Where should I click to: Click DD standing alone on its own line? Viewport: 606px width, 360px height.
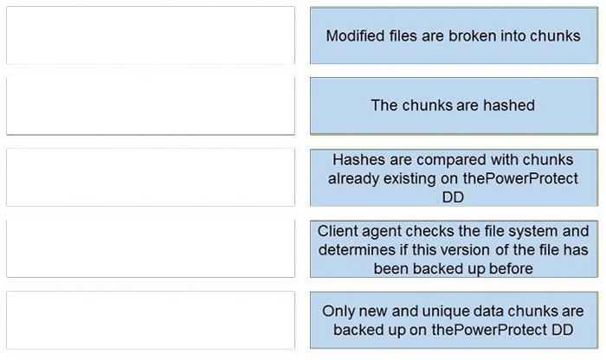[x=453, y=197]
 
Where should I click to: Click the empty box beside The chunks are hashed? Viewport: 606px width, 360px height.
[x=151, y=106]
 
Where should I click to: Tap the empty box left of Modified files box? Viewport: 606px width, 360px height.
[x=151, y=35]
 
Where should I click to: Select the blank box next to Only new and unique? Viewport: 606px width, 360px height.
[x=151, y=320]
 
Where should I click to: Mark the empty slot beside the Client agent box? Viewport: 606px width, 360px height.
[x=151, y=248]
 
